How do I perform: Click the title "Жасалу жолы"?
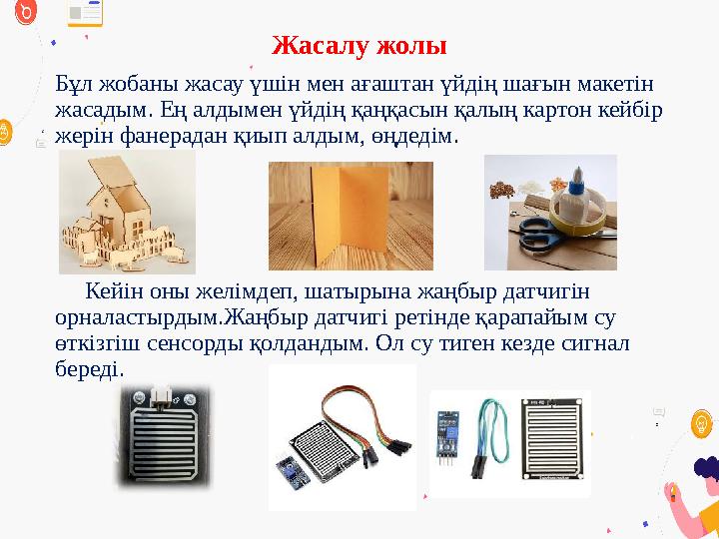point(359,46)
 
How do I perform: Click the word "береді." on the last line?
point(90,369)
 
